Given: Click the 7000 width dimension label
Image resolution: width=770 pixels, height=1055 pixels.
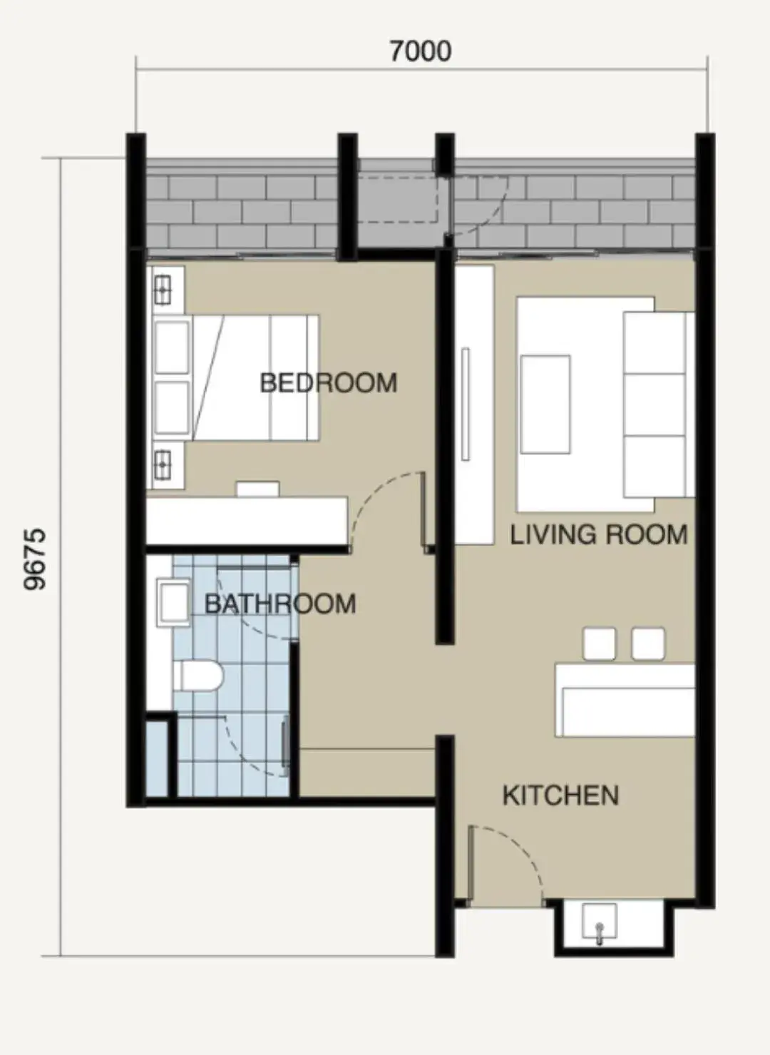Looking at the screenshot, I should point(420,51).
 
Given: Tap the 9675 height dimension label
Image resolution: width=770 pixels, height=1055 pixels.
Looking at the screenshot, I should point(34,559).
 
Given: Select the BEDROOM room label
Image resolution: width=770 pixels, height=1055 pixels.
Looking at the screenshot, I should point(328,383).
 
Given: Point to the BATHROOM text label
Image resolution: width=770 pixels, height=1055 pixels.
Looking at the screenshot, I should point(279,604).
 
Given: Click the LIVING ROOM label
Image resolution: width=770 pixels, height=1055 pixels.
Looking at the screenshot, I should point(598,534).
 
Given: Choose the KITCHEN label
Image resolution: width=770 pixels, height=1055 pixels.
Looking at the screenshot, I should point(560,795).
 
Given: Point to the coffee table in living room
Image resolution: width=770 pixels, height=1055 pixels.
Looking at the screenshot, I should point(545,404).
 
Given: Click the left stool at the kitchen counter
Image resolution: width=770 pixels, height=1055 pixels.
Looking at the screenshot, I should point(599,643).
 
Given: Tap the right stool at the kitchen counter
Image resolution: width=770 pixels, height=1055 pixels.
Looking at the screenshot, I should point(648,643).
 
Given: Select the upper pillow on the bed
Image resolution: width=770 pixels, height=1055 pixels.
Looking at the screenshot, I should point(172,347).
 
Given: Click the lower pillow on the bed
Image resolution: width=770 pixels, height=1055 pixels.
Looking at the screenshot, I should point(172,408).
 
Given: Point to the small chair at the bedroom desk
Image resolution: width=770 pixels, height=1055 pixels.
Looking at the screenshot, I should point(258,489).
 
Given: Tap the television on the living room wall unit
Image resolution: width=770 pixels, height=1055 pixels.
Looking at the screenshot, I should point(466,404).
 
